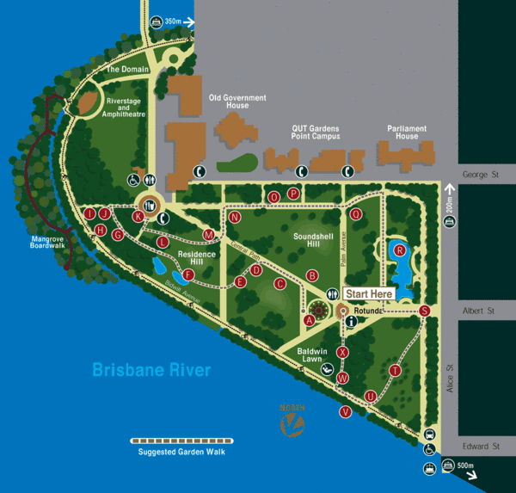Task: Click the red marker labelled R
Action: click(x=400, y=250)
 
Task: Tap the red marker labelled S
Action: click(x=424, y=311)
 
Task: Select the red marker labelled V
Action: click(x=345, y=411)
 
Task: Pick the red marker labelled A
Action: click(x=309, y=320)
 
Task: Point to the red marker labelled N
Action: click(x=234, y=218)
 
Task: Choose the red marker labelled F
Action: click(x=187, y=275)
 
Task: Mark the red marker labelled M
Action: click(x=208, y=234)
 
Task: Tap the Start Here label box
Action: click(x=369, y=293)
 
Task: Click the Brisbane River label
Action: click(x=150, y=371)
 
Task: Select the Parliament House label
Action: click(x=407, y=132)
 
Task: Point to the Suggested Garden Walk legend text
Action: click(x=187, y=452)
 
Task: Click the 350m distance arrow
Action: click(x=175, y=22)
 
